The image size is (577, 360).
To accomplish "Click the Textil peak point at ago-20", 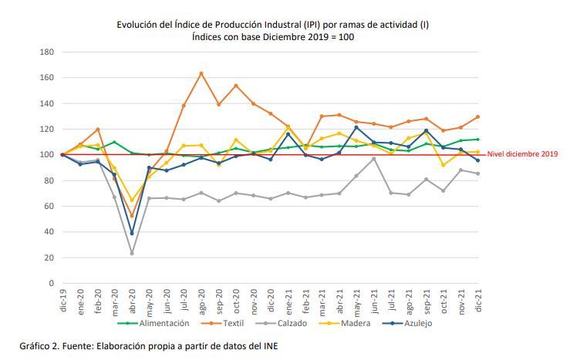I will pyautogui.click(x=201, y=73).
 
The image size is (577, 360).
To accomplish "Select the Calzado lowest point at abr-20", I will pyautogui.click(x=131, y=253).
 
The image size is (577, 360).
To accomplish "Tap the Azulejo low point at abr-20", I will pyautogui.click(x=131, y=233).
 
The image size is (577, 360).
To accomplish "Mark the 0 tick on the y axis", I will pyautogui.click(x=50, y=283).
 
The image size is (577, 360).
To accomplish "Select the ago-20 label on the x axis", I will pyautogui.click(x=201, y=298).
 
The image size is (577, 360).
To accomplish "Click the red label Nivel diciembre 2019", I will pyautogui.click(x=522, y=154).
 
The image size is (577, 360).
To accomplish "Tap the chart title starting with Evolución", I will pyautogui.click(x=272, y=25).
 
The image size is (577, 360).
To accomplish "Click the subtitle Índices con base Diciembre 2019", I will pyautogui.click(x=272, y=37).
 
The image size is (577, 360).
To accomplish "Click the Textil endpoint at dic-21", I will pyautogui.click(x=478, y=117).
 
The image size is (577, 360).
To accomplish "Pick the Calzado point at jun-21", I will pyautogui.click(x=373, y=159).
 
